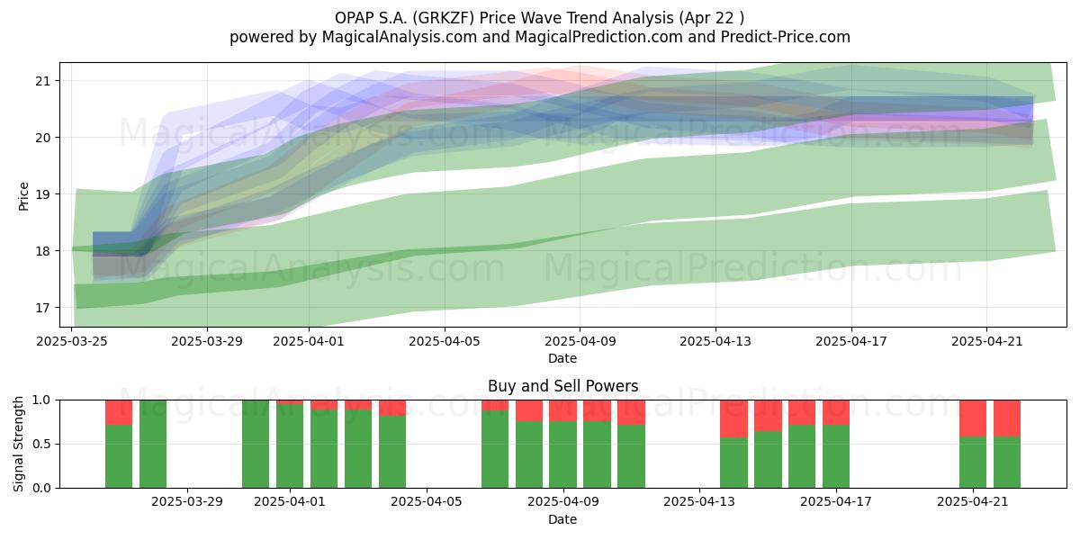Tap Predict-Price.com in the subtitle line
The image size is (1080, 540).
click(786, 37)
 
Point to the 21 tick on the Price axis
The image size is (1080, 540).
click(42, 80)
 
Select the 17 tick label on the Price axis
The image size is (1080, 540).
click(42, 308)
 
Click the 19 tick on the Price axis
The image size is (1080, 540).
click(42, 194)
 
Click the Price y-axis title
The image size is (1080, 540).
click(23, 196)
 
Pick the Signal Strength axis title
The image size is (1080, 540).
click(18, 444)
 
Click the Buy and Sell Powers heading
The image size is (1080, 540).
click(562, 386)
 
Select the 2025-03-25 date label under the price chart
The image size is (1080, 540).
click(72, 341)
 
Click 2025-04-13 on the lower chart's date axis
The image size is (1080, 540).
click(699, 502)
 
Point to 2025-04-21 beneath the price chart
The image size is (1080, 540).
click(987, 341)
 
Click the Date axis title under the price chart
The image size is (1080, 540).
click(562, 358)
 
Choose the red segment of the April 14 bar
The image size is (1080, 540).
click(733, 419)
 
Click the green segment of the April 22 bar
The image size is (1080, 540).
click(1007, 463)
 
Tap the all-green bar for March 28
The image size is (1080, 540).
click(153, 444)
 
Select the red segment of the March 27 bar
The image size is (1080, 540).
click(119, 413)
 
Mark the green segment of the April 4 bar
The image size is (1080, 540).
click(392, 452)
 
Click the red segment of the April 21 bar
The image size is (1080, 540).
click(973, 418)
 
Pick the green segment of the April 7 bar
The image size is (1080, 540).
click(495, 449)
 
